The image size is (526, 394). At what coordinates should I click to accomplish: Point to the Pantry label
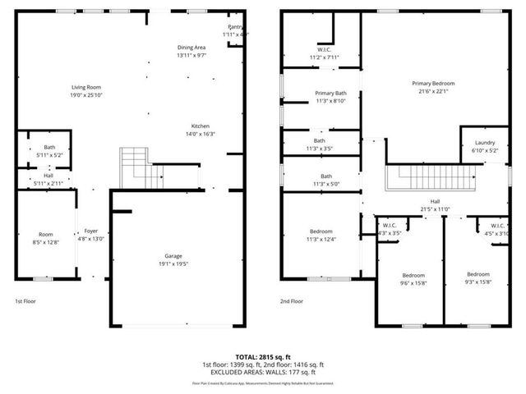click(236, 27)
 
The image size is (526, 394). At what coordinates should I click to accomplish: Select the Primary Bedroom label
click(434, 83)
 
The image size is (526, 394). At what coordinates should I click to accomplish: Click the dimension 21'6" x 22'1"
click(434, 91)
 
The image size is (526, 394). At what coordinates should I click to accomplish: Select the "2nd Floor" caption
click(292, 301)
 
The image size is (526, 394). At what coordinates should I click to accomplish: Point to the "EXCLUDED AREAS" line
click(262, 371)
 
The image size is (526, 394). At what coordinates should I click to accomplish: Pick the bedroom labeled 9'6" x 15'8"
click(413, 278)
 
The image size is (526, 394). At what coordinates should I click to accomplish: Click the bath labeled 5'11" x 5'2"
click(49, 151)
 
